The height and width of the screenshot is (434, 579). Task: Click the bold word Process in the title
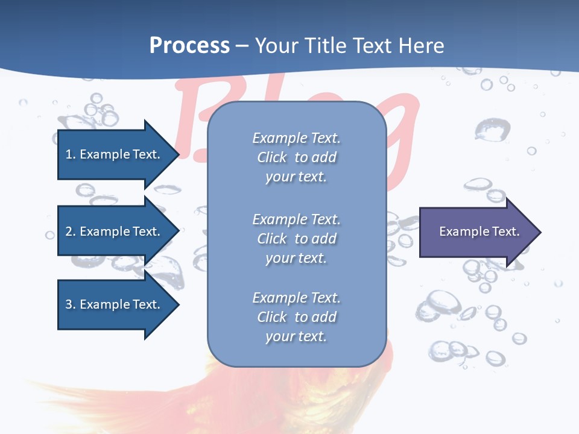click(189, 46)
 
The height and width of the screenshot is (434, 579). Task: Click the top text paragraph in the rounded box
click(296, 157)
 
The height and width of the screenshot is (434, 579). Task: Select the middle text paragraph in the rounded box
click(296, 239)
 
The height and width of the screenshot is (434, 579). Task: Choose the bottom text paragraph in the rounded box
click(296, 317)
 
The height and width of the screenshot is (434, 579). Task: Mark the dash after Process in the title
click(242, 46)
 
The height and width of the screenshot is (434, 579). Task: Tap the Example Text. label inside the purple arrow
click(479, 231)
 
